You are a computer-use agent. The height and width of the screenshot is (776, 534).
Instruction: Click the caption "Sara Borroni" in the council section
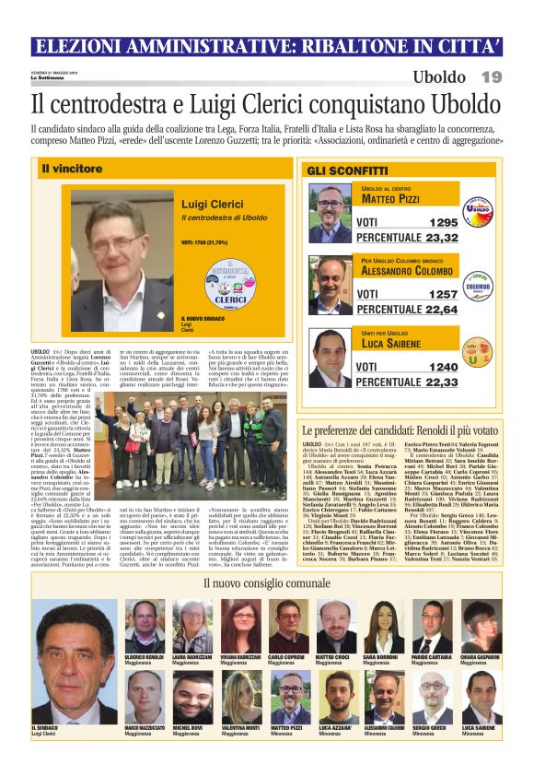[379, 656]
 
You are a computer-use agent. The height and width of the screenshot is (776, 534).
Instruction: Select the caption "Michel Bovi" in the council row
[189, 726]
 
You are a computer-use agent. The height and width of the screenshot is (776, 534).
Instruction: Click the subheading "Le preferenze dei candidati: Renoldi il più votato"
[412, 431]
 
